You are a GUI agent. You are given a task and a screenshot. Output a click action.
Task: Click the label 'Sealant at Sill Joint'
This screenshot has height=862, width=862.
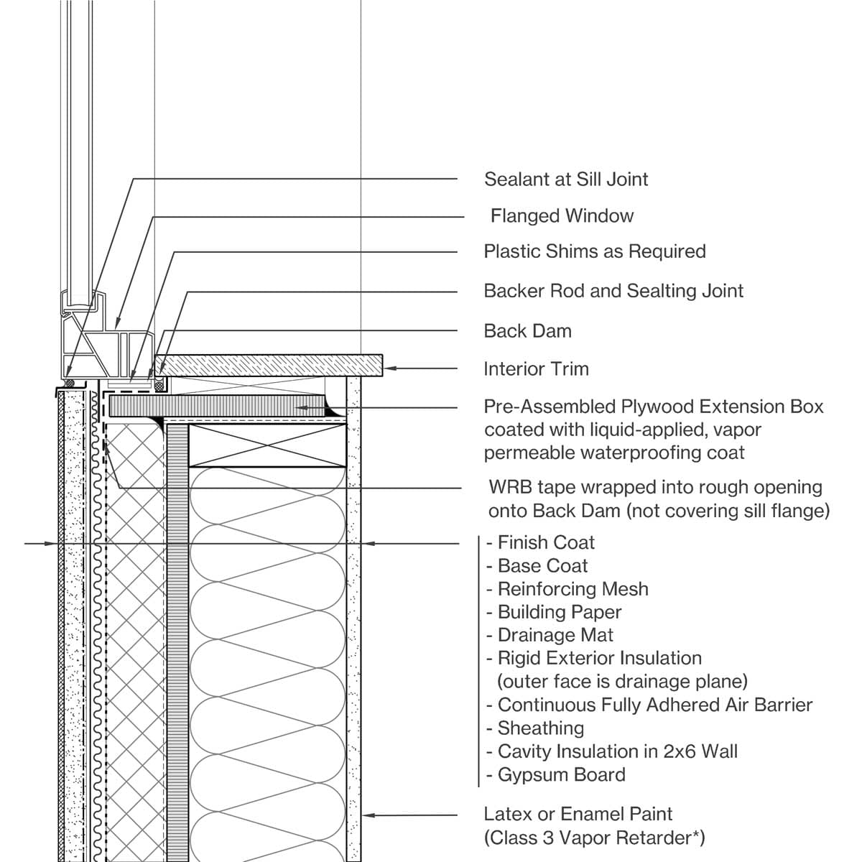[x=566, y=179]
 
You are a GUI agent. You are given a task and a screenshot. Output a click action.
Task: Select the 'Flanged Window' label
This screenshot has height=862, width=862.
[x=562, y=215]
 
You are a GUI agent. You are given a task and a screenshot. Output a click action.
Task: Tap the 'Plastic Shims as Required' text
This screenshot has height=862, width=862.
[x=595, y=251]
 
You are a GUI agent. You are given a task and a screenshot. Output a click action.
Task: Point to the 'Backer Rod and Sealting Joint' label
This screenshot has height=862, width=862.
[x=613, y=291]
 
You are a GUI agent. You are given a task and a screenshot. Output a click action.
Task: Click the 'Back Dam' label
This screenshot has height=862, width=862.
[x=527, y=331]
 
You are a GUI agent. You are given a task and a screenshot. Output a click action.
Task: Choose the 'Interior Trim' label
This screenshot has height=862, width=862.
[x=536, y=369]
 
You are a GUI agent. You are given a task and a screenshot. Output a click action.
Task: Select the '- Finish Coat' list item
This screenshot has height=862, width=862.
[x=540, y=542]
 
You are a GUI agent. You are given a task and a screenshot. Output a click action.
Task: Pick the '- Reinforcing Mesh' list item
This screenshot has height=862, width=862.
[x=567, y=589]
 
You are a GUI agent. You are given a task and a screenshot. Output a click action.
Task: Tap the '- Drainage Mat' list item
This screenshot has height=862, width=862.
[x=550, y=635]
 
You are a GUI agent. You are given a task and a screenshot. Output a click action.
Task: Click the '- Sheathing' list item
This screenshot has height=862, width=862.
[x=534, y=728]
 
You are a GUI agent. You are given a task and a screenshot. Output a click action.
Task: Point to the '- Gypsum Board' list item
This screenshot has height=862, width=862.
[x=555, y=775]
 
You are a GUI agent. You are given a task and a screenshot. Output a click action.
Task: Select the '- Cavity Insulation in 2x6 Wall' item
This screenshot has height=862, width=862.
[x=611, y=751]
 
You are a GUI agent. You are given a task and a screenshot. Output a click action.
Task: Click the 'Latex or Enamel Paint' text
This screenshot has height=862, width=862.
[x=578, y=814]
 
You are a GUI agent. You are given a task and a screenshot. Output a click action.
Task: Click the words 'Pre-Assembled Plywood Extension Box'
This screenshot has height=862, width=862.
[x=654, y=407]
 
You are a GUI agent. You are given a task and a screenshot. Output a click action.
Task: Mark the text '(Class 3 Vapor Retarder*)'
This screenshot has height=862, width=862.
[x=594, y=838]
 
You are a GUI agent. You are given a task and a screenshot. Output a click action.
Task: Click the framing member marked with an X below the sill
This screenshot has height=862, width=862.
[x=267, y=445]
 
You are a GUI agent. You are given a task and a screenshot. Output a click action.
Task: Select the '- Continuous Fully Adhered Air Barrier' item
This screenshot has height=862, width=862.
[x=649, y=705]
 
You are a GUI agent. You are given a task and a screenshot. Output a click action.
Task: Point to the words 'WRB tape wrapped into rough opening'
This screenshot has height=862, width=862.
[x=655, y=487]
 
